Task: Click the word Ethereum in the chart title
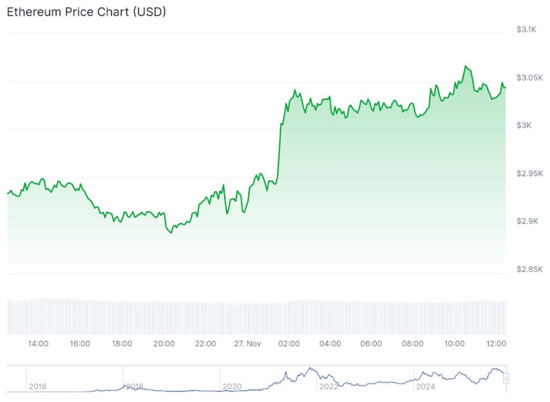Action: click(33, 12)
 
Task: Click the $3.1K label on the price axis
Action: click(526, 30)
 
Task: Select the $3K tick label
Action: click(524, 125)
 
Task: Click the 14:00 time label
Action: click(38, 343)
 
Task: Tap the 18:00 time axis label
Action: click(122, 343)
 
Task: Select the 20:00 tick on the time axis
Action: click(164, 343)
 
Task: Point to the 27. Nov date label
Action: click(247, 343)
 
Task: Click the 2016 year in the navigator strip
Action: click(38, 386)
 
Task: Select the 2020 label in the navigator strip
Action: click(231, 386)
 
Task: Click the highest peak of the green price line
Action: click(466, 66)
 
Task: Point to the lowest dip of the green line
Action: click(171, 233)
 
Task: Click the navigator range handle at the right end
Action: click(506, 379)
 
